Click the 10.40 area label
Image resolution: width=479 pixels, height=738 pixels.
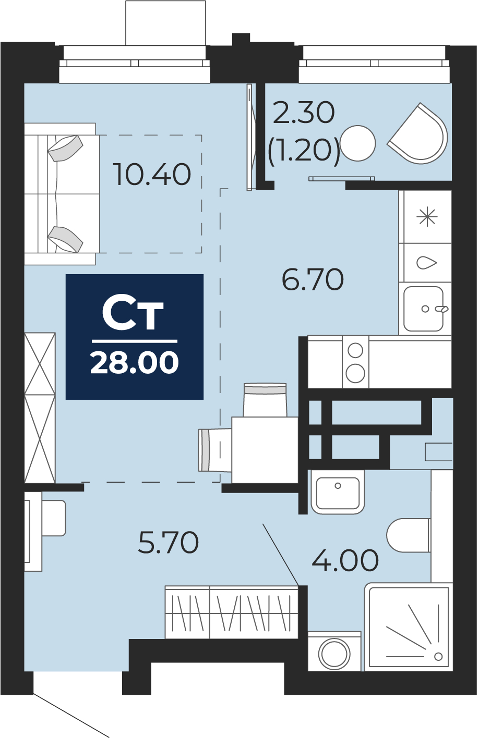click(x=152, y=174)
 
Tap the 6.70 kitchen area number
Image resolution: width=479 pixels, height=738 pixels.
click(x=313, y=280)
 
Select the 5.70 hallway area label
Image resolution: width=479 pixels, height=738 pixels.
click(x=168, y=543)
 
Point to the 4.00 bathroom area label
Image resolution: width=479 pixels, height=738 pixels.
click(x=345, y=560)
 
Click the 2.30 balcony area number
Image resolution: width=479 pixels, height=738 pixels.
click(x=304, y=113)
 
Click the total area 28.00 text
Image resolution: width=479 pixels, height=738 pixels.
click(x=135, y=363)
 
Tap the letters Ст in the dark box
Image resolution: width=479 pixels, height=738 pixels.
click(x=133, y=315)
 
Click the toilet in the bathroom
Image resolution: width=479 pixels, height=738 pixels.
click(x=409, y=535)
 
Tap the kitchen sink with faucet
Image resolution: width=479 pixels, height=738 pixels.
click(x=424, y=309)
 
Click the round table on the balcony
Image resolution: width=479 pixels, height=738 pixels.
click(x=358, y=143)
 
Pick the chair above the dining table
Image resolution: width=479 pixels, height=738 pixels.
click(x=265, y=400)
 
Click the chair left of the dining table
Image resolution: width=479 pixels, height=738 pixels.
click(x=215, y=450)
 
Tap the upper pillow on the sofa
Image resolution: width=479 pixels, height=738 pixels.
click(x=65, y=148)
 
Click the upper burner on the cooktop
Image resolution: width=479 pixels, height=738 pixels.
click(x=355, y=351)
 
